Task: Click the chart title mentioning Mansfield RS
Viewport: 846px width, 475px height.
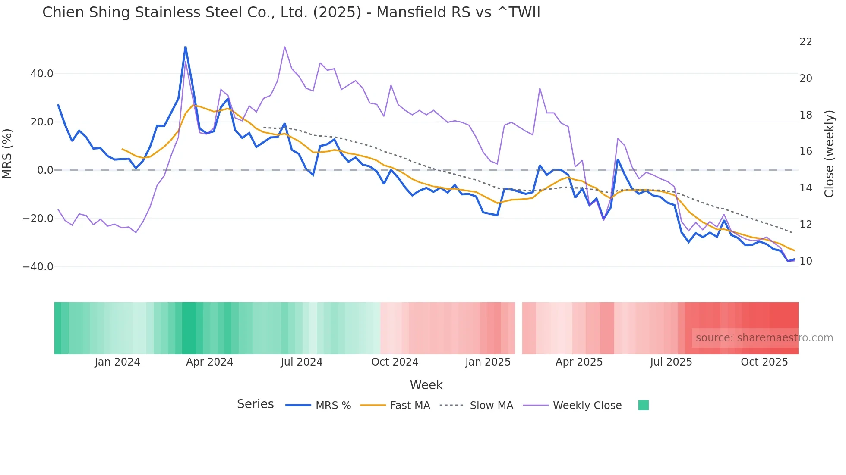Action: click(291, 12)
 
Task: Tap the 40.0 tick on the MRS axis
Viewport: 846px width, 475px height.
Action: click(42, 74)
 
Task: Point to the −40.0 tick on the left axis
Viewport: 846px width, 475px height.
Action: click(38, 267)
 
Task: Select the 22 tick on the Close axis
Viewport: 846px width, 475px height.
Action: click(805, 42)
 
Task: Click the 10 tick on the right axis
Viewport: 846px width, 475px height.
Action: click(805, 261)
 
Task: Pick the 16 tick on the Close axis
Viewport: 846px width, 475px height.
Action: click(805, 151)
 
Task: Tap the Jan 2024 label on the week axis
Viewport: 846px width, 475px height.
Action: click(117, 362)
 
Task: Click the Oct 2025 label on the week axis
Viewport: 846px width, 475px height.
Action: click(764, 362)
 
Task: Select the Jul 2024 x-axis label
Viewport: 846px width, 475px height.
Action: click(301, 362)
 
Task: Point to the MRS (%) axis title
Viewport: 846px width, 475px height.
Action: click(7, 153)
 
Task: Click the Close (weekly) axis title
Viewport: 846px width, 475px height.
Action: click(829, 153)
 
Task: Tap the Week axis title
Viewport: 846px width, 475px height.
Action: click(426, 385)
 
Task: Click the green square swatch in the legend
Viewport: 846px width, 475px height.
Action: click(643, 405)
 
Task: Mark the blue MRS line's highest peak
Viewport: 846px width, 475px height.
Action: click(186, 47)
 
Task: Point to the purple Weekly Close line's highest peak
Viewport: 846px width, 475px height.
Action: click(285, 47)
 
